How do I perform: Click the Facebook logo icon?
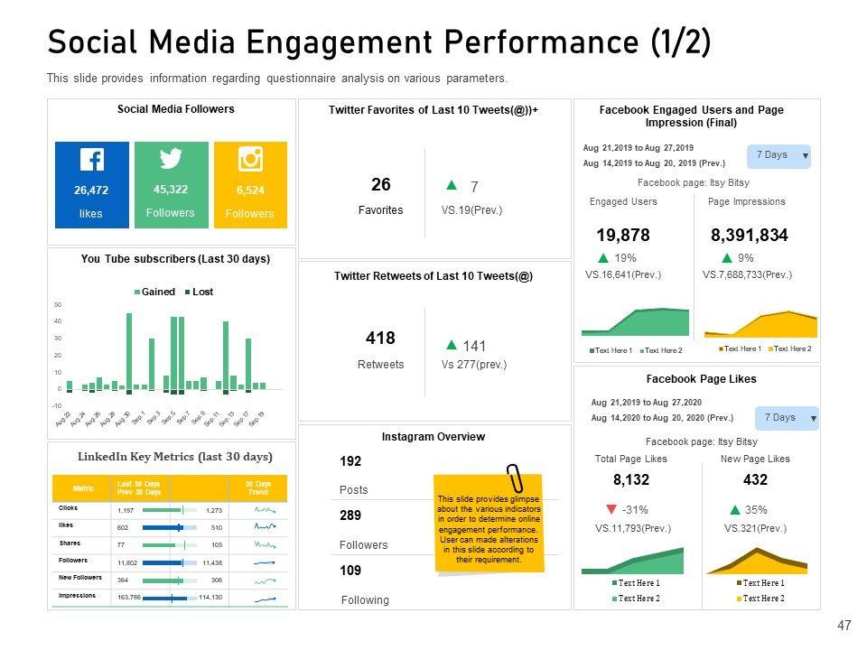click(91, 160)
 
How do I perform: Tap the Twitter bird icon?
click(171, 159)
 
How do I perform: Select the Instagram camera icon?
click(250, 159)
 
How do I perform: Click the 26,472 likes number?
click(91, 190)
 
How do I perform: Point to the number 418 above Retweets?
click(380, 339)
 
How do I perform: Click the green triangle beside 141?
click(452, 345)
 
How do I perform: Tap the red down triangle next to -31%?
click(612, 509)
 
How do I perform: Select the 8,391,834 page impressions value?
click(750, 236)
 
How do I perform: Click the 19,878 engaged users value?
click(623, 236)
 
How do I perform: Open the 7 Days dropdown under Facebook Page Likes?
click(786, 418)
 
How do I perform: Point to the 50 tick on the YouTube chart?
click(58, 304)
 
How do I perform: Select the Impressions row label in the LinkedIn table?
click(78, 596)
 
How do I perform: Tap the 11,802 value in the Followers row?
click(128, 562)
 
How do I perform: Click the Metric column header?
click(83, 488)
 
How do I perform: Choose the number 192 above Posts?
click(350, 461)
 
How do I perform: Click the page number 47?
click(844, 625)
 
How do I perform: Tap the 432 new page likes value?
click(755, 479)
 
